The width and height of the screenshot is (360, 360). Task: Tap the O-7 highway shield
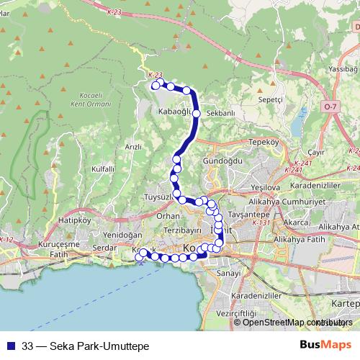coord(330,107)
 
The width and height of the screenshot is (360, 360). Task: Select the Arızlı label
coord(133,146)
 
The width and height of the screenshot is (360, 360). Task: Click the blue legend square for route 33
coord(12,346)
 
